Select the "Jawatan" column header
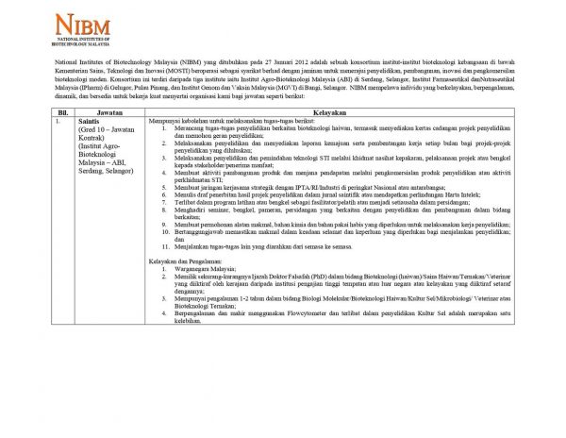(109, 111)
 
